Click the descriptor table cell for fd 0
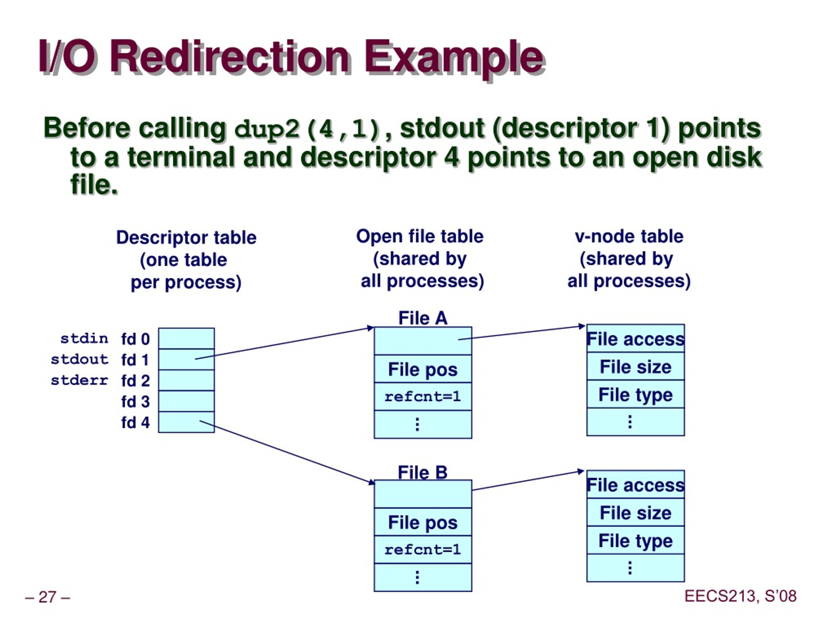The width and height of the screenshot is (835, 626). coord(187,338)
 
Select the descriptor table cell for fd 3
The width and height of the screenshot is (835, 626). coord(187,401)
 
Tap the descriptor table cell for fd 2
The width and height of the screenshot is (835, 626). coord(187,380)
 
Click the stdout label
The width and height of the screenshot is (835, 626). coord(80,359)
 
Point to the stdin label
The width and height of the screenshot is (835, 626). coord(84,338)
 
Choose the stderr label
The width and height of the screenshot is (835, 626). coord(80,380)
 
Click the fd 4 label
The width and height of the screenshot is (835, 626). coord(135,422)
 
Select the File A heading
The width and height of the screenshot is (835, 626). coord(423,318)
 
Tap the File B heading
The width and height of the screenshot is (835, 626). coord(423,472)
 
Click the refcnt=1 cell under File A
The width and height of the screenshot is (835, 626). coord(423,396)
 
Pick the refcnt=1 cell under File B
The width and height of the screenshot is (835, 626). coord(423,550)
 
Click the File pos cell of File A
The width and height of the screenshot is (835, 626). coord(423,369)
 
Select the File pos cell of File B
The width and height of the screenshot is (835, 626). coord(423,522)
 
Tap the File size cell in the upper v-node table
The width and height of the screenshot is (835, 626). coord(636,366)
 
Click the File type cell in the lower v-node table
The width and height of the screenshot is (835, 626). coord(636,540)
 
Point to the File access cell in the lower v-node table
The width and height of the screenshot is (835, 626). coord(636,485)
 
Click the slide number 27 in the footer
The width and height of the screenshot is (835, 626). coord(48,597)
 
